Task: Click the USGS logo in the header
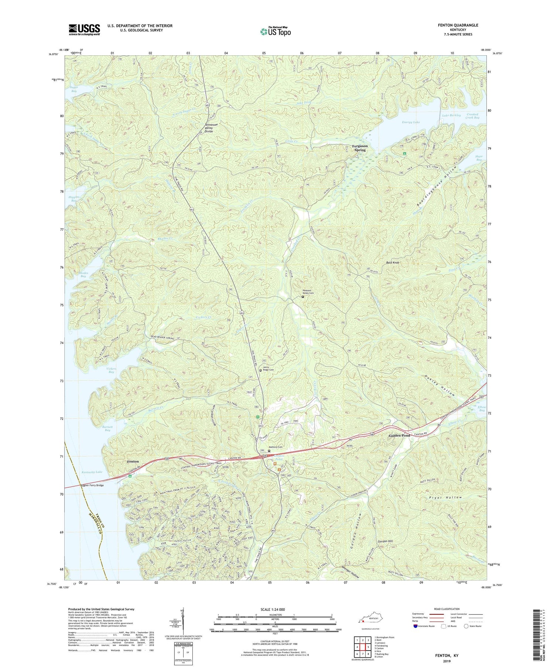84,30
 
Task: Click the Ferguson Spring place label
360,148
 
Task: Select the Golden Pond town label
399,436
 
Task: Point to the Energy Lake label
411,122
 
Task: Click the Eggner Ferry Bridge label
92,485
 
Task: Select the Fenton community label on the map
133,462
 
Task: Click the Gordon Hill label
384,541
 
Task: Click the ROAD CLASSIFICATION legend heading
447,609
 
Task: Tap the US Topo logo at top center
275,32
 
